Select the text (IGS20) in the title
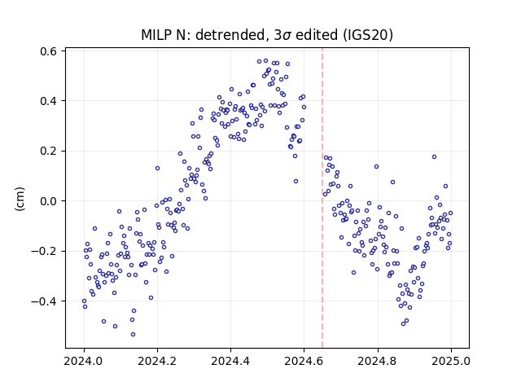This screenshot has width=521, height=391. tap(367, 35)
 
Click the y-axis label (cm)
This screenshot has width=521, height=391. tap(20, 199)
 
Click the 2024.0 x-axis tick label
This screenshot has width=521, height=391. tap(84, 361)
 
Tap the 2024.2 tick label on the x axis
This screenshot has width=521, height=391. tap(157, 361)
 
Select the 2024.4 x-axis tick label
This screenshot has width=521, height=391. tap(230, 361)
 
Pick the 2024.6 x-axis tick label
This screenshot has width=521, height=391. tap(304, 361)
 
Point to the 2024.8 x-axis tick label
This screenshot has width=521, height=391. tap(378, 361)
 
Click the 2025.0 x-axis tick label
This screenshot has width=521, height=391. tap(451, 361)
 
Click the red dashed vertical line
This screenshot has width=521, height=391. tap(322, 198)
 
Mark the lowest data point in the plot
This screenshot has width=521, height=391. tap(133, 334)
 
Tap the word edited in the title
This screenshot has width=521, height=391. tap(317, 35)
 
